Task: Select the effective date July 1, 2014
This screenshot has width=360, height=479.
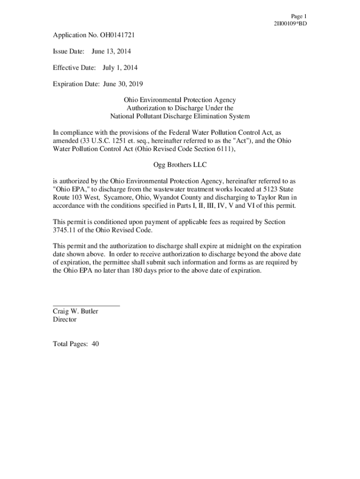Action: tap(120, 68)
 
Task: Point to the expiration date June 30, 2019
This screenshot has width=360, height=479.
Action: tap(122, 84)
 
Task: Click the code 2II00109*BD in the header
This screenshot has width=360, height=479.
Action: tap(290, 23)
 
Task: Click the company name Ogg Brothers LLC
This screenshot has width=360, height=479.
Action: tap(180, 165)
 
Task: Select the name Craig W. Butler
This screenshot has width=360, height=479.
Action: tap(75, 311)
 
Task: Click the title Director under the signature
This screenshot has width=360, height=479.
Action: tap(65, 319)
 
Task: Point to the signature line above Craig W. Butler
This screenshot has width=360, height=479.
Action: tap(86, 305)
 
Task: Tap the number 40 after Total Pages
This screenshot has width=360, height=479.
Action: tap(95, 344)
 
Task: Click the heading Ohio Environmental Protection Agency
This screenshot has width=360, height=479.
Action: tap(180, 100)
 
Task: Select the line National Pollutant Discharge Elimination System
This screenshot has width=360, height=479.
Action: tap(180, 116)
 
